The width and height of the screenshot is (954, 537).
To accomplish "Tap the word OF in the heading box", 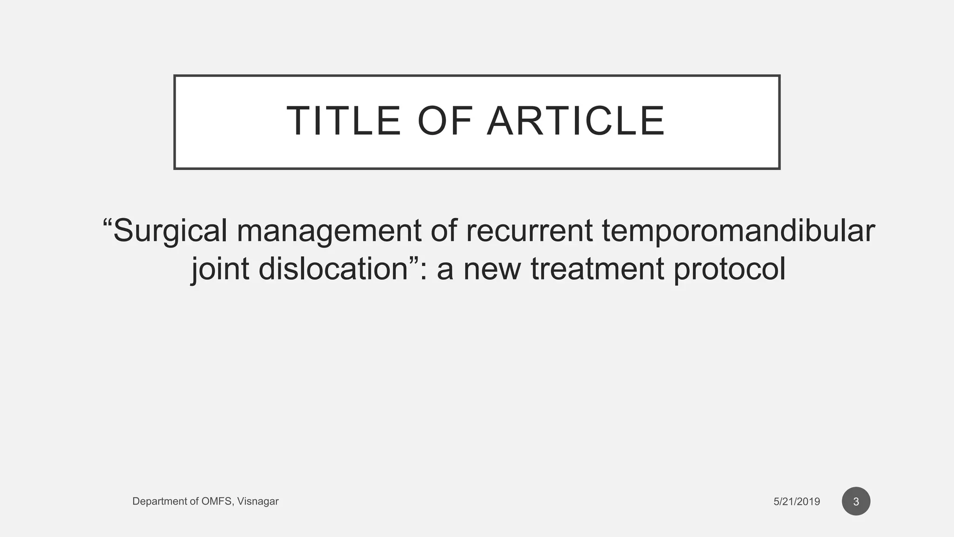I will (x=445, y=121).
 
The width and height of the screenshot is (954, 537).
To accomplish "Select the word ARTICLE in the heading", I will (x=576, y=121).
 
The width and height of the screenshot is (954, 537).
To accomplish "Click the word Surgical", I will (x=170, y=231).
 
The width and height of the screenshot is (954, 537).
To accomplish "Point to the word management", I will (x=329, y=231).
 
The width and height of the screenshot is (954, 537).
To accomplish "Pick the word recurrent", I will (x=529, y=230).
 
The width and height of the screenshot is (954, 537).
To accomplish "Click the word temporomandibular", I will (x=738, y=231).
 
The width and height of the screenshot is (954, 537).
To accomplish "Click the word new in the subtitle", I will (x=491, y=269).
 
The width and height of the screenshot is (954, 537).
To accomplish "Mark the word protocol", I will (x=729, y=269).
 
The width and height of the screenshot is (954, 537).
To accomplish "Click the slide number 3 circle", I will (x=856, y=502).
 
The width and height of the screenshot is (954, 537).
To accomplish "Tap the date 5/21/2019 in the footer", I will (x=797, y=502).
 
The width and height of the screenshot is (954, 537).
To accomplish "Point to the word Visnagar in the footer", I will (x=258, y=502).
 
